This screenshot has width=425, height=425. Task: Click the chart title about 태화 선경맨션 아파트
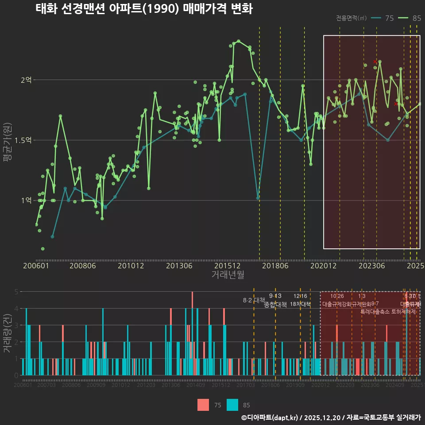(144, 9)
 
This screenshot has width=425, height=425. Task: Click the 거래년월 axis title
(228, 274)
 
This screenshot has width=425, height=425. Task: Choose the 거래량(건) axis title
(7, 333)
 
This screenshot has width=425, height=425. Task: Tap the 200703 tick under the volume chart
(46, 386)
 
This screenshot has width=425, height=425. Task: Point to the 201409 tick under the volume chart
(196, 386)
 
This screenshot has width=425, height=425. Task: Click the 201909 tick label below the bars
(295, 386)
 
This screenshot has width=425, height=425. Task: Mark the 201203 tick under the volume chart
(146, 386)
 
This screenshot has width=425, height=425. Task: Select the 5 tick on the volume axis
(16, 292)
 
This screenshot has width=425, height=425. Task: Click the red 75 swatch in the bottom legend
(203, 405)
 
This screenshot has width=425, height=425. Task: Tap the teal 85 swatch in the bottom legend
(232, 405)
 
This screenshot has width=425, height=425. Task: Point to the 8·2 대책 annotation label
(254, 300)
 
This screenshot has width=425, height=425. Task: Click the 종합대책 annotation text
(275, 305)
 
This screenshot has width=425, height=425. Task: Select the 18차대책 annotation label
(300, 304)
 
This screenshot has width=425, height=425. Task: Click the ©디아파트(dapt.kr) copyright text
(269, 417)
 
